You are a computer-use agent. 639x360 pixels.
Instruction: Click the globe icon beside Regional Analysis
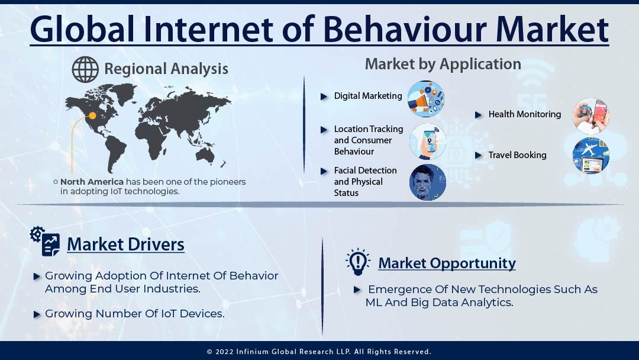coord(85,69)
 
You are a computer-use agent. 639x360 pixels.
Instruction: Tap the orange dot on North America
coord(92,115)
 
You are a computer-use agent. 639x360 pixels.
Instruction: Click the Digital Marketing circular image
coord(425,99)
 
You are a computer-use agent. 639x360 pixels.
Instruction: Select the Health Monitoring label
coord(524,114)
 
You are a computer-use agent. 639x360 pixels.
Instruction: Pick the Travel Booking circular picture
coord(590,155)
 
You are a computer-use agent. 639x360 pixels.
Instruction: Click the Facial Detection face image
coord(427,182)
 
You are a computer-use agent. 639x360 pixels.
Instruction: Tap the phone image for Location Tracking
coord(427,142)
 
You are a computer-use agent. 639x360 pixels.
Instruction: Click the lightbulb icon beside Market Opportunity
coord(357,262)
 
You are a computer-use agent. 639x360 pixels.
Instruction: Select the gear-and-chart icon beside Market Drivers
coord(46,241)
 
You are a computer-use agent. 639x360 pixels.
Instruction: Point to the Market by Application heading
coord(443,64)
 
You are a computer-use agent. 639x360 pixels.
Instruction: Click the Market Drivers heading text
coord(125,244)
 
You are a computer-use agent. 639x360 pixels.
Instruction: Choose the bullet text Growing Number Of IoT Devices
coord(135,314)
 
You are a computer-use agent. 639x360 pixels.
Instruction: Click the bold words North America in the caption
coord(92,182)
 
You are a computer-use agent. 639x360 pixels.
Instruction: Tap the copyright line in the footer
coord(319,351)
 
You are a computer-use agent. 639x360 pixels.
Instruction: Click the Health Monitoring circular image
coord(590,115)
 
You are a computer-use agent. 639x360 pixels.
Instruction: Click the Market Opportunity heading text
coord(447,263)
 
